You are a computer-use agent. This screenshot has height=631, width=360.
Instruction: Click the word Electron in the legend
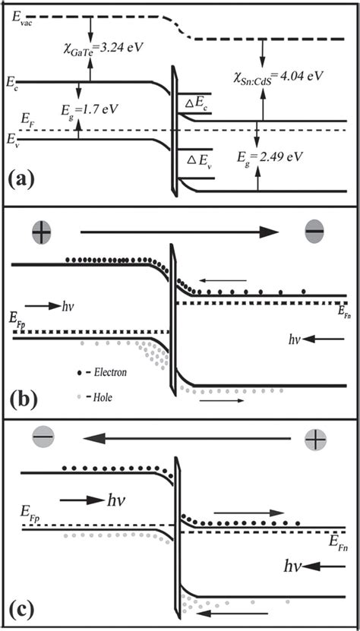coord(109,373)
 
